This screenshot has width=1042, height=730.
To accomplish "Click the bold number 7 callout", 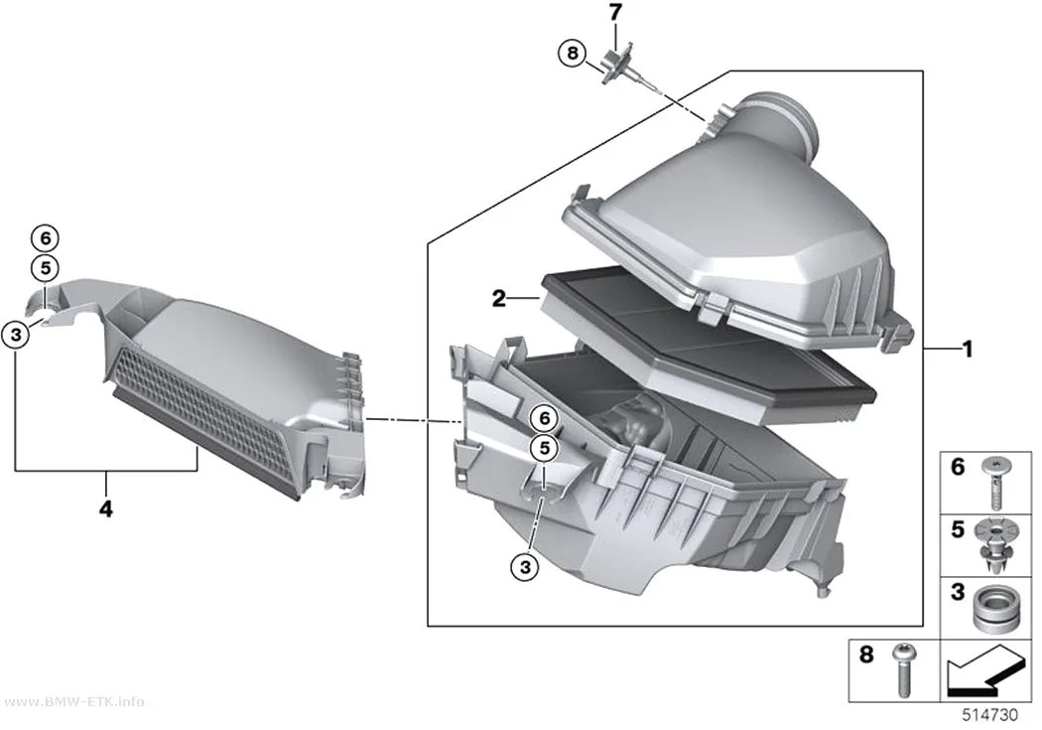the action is (615, 13).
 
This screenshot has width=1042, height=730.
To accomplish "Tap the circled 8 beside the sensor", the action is (573, 52).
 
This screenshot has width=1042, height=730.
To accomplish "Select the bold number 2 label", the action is (499, 299).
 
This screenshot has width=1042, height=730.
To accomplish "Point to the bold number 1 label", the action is (968, 349).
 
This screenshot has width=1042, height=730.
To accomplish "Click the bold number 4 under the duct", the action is (105, 510).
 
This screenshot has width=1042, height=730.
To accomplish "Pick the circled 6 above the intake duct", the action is (46, 238).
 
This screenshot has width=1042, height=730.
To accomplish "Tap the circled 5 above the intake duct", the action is (46, 268).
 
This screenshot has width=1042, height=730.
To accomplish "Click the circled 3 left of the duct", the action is (16, 335).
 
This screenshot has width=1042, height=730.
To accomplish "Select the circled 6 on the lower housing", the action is (544, 418).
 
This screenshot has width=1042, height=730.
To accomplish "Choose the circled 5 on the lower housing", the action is (544, 449).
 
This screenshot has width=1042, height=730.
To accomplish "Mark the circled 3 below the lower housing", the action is (525, 567).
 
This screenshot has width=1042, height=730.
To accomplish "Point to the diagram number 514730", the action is (990, 715).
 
